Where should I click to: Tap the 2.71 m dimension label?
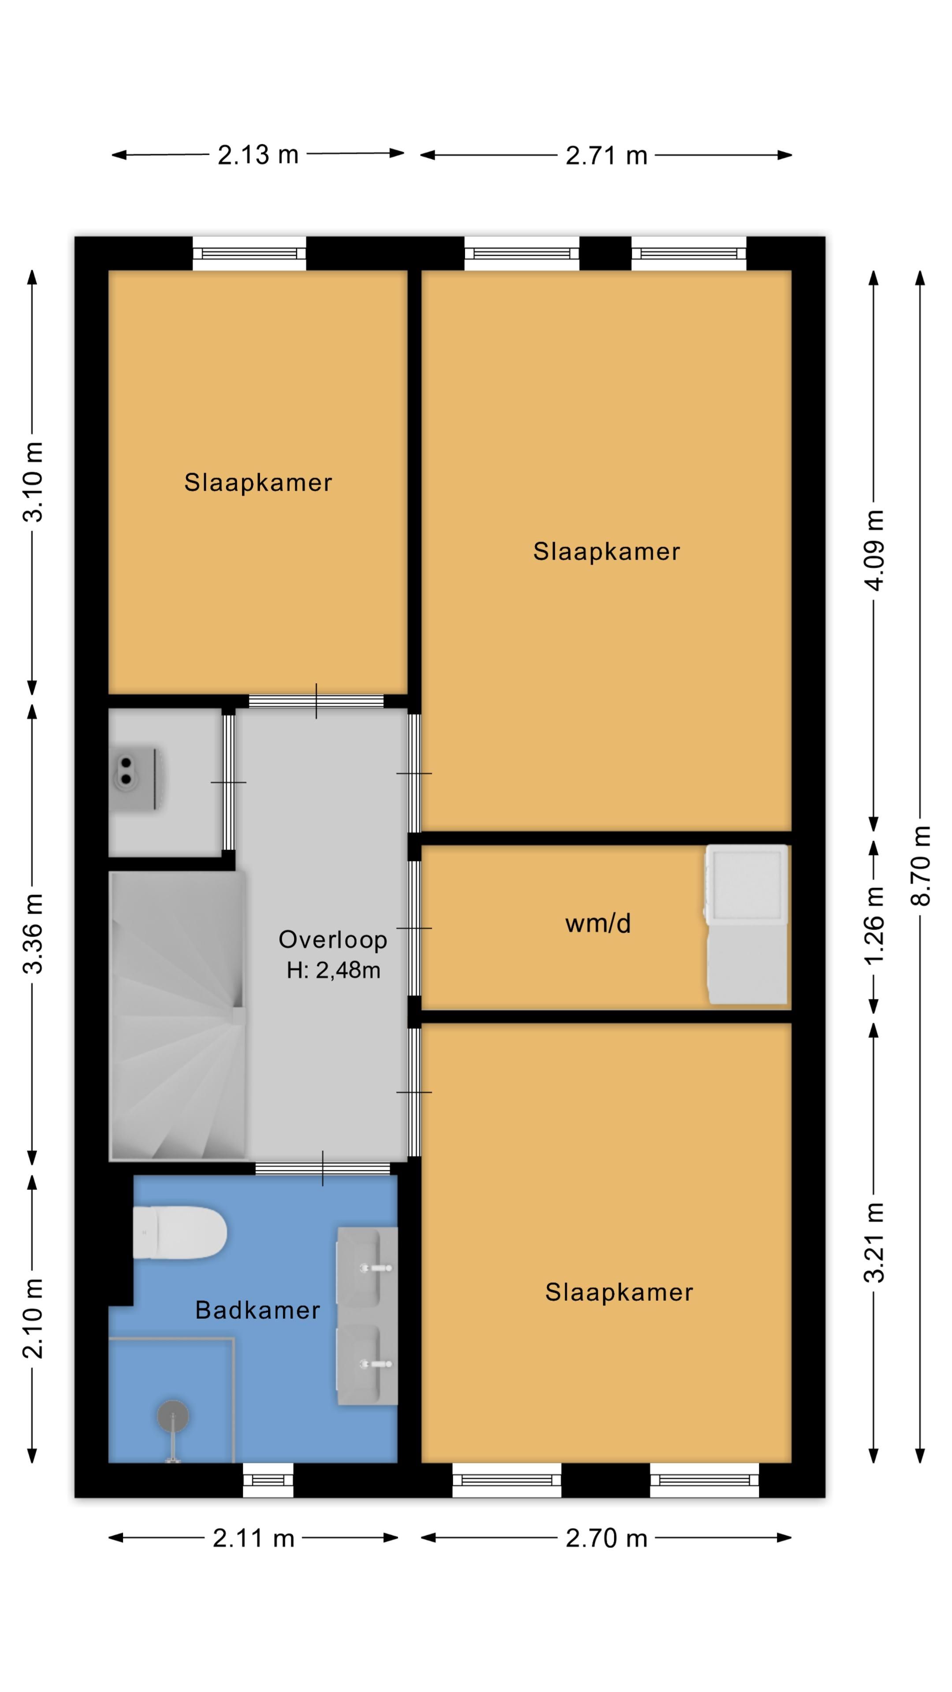[606, 156]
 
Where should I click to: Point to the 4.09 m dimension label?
[874, 550]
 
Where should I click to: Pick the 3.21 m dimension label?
[874, 1243]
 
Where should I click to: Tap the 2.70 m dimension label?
[606, 1538]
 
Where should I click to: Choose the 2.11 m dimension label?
[253, 1538]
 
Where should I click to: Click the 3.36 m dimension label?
[33, 933]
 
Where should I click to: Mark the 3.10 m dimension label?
[33, 482]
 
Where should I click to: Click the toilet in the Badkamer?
[179, 1233]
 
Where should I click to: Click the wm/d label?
[598, 924]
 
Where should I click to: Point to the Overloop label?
[333, 939]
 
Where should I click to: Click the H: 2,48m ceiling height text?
[334, 970]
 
